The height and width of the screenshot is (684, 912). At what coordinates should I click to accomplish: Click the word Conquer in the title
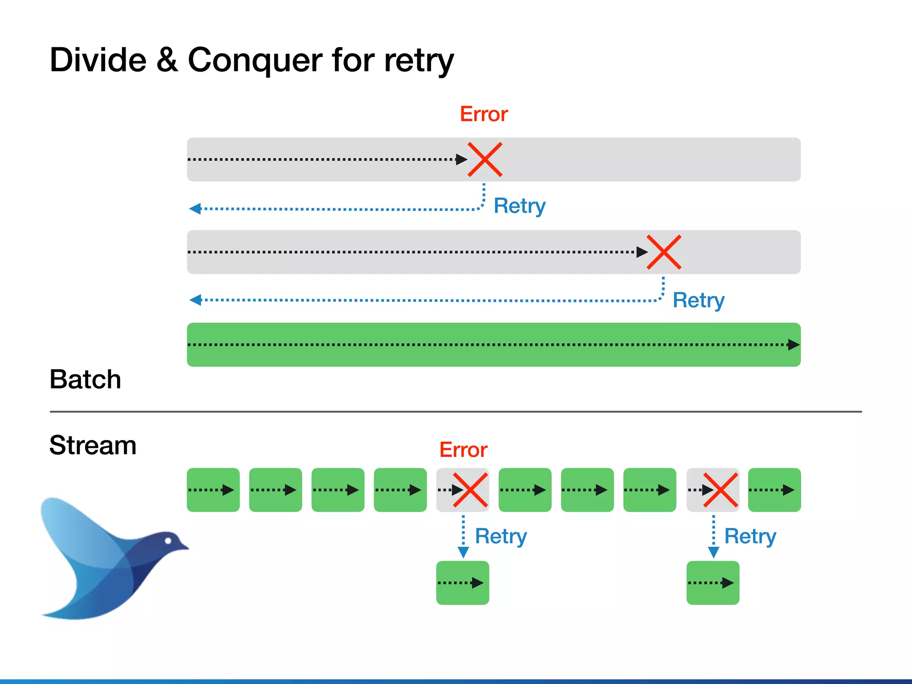tap(255, 60)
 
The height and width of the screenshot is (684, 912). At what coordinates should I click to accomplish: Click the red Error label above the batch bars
tap(484, 114)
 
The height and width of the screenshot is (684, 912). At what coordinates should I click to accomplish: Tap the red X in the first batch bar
tap(485, 159)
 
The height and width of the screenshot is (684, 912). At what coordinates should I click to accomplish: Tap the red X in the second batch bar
tap(664, 252)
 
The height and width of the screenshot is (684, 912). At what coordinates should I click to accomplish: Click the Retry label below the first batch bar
tap(519, 206)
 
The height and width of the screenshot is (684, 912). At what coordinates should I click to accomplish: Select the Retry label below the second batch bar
tap(698, 301)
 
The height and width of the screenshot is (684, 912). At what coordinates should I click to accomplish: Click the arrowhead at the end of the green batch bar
tap(793, 345)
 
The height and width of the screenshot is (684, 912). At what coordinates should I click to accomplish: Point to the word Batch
tap(85, 379)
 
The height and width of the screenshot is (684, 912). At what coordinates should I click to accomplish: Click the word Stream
tap(93, 445)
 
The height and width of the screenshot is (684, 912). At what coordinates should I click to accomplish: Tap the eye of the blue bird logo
tap(168, 541)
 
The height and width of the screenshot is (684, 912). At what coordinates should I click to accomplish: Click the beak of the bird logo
tap(183, 547)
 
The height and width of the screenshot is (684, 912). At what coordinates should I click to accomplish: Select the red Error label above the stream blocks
tap(463, 450)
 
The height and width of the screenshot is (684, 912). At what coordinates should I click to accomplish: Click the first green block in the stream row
tap(213, 490)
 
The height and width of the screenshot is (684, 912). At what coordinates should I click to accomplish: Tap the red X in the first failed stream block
tap(470, 490)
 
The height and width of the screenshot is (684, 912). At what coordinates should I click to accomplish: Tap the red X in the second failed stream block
tap(720, 490)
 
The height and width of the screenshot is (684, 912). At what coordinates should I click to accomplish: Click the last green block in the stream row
tap(774, 490)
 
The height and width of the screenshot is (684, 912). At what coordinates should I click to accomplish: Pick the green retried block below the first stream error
tap(462, 582)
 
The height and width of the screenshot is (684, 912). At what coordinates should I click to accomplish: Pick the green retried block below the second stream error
tap(712, 582)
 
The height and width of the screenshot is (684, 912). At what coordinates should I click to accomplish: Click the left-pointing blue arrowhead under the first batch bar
tap(195, 208)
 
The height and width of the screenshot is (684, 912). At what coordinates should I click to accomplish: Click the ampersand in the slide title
tap(167, 60)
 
